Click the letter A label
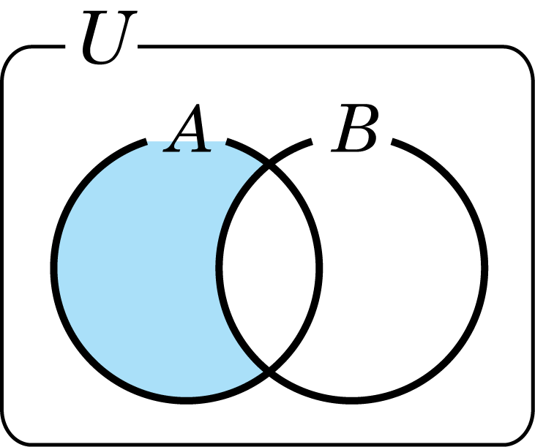[188, 130]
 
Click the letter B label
[355, 130]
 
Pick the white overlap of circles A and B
[269, 267]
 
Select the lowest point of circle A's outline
[187, 399]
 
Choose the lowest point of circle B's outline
[351, 399]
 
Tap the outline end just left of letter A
[149, 140]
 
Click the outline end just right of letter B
[395, 140]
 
